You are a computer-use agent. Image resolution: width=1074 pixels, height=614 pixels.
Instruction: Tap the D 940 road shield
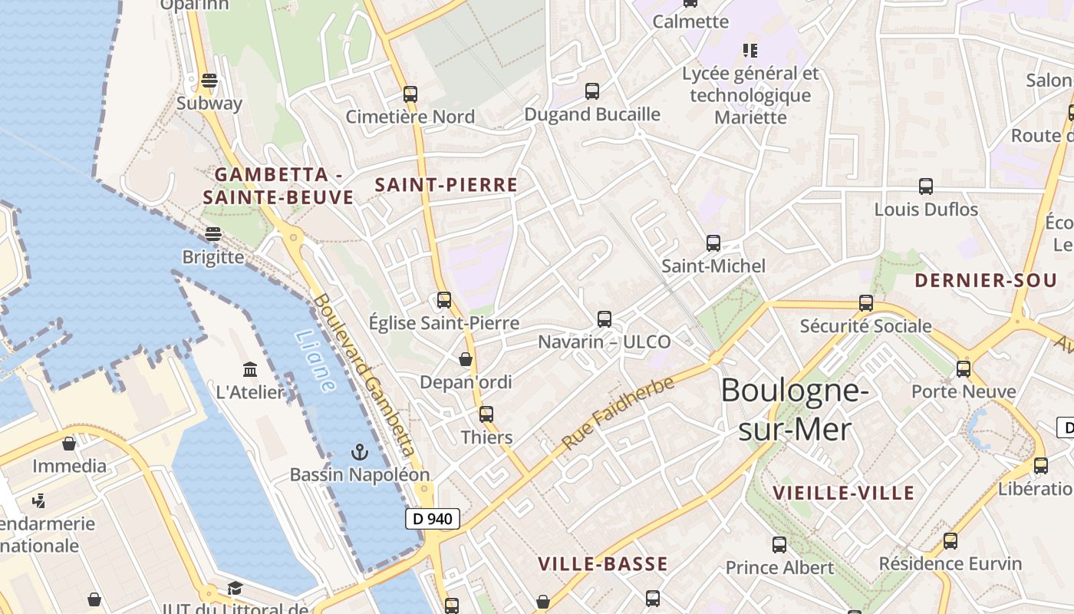433,519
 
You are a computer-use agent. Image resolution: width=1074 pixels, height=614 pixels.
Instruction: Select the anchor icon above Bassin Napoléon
360,452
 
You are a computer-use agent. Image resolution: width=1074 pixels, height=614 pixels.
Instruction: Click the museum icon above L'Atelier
250,370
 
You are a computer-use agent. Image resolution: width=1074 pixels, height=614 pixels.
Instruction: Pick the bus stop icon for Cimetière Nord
410,94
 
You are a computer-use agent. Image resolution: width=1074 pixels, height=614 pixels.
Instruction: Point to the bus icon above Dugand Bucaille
592,91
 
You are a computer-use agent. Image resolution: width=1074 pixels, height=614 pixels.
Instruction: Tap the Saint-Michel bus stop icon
713,243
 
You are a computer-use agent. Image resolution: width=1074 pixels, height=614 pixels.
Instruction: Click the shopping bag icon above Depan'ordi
466,359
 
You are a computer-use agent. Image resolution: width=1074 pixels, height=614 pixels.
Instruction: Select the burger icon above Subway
209,81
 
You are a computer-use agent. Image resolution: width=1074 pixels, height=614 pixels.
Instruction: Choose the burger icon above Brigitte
213,234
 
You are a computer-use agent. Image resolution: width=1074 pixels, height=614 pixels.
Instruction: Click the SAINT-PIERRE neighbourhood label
446,185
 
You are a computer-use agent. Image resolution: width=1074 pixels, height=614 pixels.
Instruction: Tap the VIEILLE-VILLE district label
843,493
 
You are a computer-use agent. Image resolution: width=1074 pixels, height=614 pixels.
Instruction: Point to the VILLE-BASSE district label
603,565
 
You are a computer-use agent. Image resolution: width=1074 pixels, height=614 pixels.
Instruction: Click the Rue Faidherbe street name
618,412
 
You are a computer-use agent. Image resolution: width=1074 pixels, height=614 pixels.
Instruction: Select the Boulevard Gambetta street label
364,375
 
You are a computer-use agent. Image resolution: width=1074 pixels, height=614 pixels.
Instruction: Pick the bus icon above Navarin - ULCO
605,319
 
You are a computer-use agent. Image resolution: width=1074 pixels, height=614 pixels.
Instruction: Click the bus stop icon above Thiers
486,414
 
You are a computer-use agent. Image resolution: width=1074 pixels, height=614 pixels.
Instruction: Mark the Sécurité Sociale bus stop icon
866,303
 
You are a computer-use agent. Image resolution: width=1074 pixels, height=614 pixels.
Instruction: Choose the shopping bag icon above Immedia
69,444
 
